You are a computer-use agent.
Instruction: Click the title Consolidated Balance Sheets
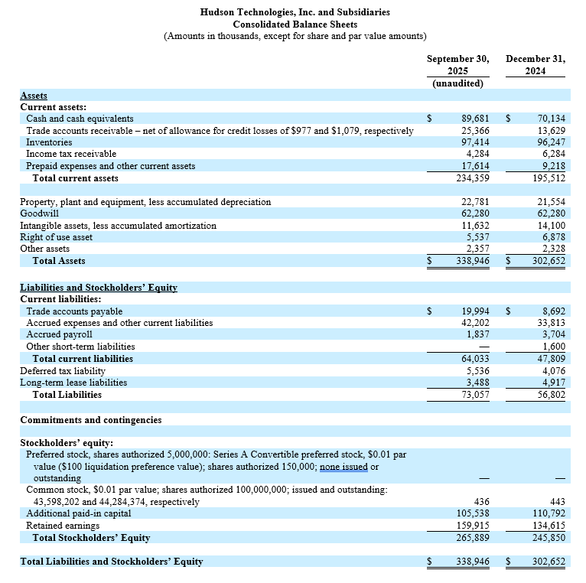pyautogui.click(x=295, y=24)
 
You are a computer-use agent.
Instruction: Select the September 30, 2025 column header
pyautogui.click(x=457, y=65)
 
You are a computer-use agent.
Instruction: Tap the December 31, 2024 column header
pyautogui.click(x=536, y=65)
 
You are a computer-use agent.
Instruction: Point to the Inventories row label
pyautogui.click(x=49, y=142)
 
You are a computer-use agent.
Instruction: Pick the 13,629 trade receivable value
pyautogui.click(x=552, y=131)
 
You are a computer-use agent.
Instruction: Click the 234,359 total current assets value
pyautogui.click(x=472, y=178)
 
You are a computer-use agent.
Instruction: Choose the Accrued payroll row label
pyautogui.click(x=59, y=334)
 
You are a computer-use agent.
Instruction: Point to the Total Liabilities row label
pyautogui.click(x=67, y=395)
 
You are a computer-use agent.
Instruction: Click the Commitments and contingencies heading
pyautogui.click(x=90, y=420)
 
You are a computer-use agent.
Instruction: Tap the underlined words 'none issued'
pyautogui.click(x=343, y=467)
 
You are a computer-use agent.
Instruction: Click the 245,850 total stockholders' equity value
pyautogui.click(x=549, y=538)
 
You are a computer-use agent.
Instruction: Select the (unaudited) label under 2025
pyautogui.click(x=457, y=83)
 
